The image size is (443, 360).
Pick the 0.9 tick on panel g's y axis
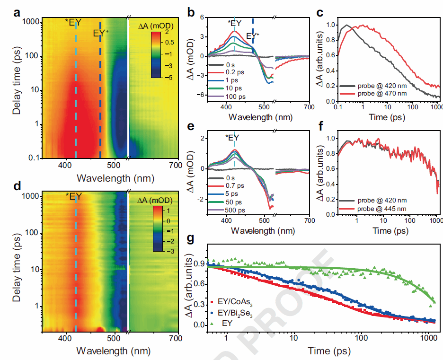pyautogui.click(x=201, y=263)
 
